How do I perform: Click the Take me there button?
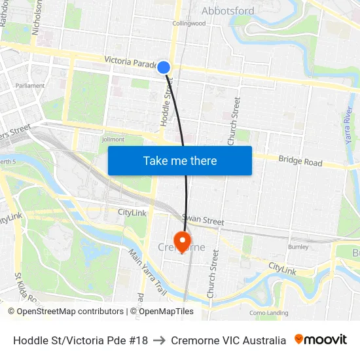[x=180, y=160]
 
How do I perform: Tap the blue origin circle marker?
[x=164, y=67]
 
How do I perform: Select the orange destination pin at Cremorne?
[x=181, y=242]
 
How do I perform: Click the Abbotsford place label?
[x=228, y=10]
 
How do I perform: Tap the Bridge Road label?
[x=300, y=160]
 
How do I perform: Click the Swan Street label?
[x=203, y=221]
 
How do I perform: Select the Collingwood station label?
[x=189, y=24]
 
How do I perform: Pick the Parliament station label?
[x=31, y=86]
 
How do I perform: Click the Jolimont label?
[x=113, y=139]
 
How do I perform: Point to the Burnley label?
[x=298, y=247]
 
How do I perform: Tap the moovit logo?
[x=320, y=340]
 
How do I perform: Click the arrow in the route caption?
[x=159, y=340]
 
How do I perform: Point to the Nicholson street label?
[x=37, y=16]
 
